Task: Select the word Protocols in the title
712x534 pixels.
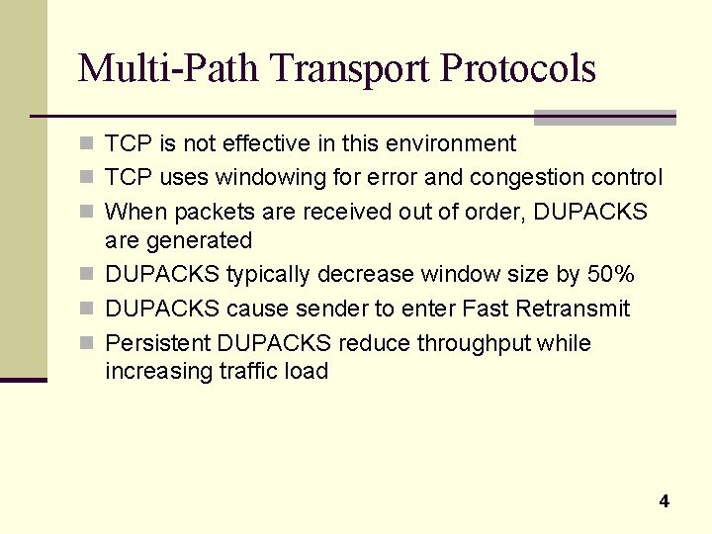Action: (518, 68)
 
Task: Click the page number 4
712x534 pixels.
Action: (664, 501)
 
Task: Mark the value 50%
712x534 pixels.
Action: (611, 274)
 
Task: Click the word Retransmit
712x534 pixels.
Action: (572, 309)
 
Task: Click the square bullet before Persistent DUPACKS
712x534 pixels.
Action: (87, 343)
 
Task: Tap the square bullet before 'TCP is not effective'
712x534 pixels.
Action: (87, 143)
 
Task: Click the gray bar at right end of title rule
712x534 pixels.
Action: (604, 117)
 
